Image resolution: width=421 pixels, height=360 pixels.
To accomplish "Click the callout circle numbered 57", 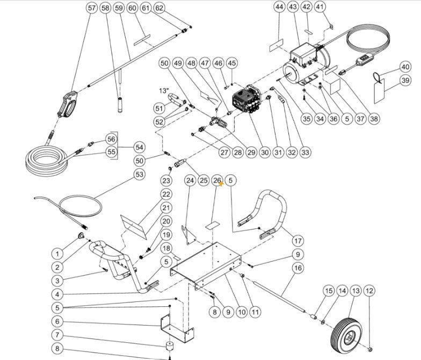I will click(x=92, y=8).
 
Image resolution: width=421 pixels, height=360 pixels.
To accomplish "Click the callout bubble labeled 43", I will click(x=293, y=7).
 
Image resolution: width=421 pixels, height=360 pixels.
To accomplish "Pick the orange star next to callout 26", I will click(x=221, y=184).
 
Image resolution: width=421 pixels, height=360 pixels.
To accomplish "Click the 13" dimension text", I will click(x=164, y=89).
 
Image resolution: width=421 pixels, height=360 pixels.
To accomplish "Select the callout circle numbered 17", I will click(x=297, y=241).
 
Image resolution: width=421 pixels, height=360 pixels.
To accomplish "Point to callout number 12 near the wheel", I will click(x=368, y=291).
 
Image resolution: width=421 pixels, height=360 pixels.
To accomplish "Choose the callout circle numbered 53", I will click(x=140, y=175).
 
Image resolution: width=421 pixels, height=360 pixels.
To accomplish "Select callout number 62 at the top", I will click(x=159, y=8).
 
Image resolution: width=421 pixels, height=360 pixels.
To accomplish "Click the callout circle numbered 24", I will click(x=190, y=181).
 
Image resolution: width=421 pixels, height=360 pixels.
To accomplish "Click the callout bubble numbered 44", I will click(x=279, y=7).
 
